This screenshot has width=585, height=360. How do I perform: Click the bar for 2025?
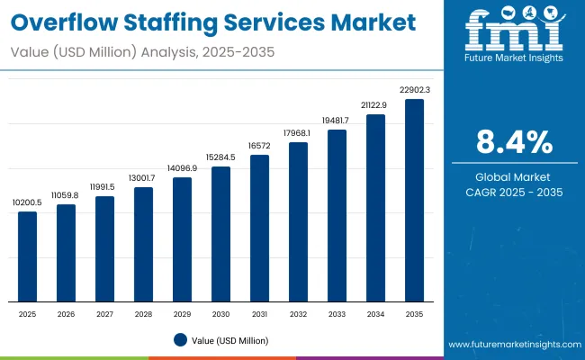click(x=28, y=256)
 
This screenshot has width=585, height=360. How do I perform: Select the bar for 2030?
click(x=220, y=234)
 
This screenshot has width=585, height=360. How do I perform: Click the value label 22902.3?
click(x=414, y=90)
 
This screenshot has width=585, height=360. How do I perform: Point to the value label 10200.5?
click(x=28, y=202)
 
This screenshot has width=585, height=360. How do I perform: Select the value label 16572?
click(x=259, y=146)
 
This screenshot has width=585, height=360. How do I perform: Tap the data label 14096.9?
click(x=182, y=168)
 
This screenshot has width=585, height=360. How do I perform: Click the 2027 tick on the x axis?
click(x=104, y=314)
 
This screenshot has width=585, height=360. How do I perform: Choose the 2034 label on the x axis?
click(x=375, y=314)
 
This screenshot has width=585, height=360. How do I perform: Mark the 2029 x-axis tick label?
click(x=182, y=314)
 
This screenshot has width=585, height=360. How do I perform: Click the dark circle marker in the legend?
click(x=180, y=340)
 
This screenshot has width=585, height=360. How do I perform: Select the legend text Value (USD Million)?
click(x=229, y=340)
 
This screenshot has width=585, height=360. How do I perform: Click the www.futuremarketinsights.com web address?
click(x=510, y=345)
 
